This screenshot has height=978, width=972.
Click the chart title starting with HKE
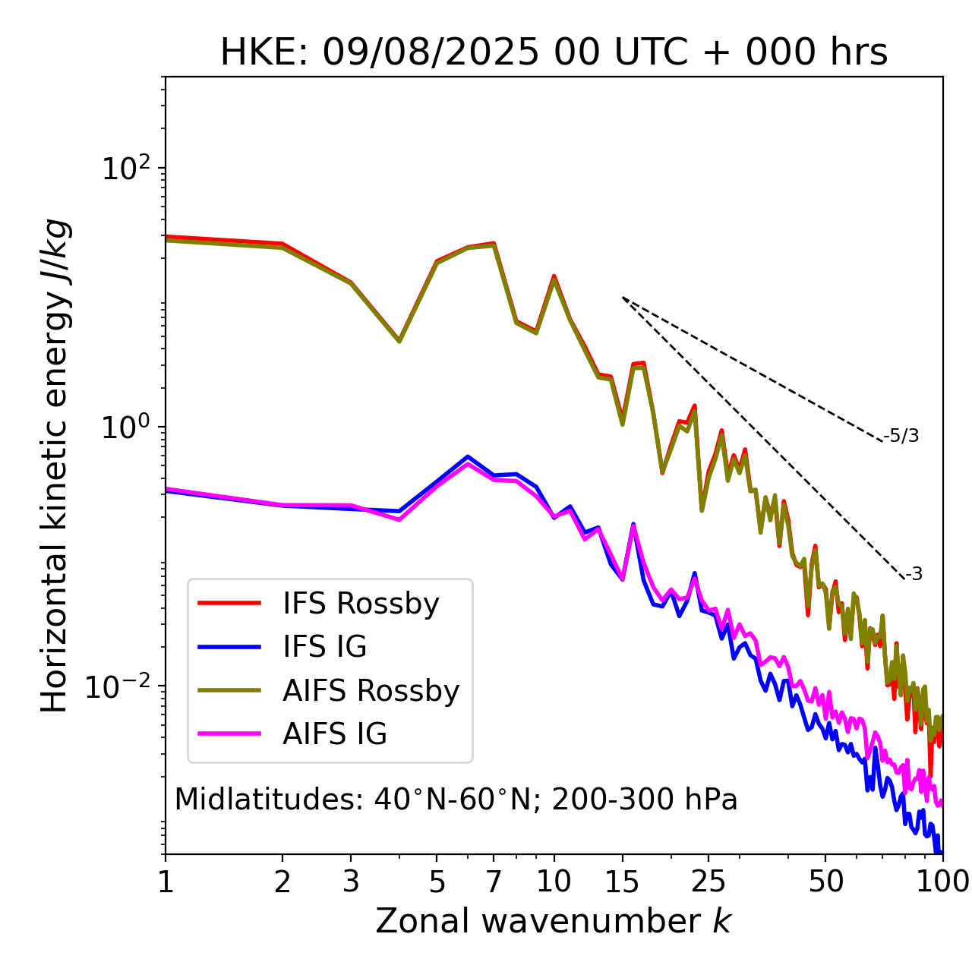554,53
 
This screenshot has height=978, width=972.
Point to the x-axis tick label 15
623,882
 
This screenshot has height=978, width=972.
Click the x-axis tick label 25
708,882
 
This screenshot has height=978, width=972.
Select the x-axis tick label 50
825,882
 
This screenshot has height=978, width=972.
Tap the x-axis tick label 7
494,882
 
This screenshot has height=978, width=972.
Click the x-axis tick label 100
942,882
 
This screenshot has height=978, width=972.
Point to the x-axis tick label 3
351,882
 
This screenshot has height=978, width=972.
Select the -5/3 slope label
901,436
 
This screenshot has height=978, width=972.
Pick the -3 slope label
914,575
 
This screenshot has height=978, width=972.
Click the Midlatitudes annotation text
456,800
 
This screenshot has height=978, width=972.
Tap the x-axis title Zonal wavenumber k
554,921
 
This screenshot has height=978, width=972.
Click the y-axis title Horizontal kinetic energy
55,465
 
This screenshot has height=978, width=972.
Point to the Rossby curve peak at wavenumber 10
554,277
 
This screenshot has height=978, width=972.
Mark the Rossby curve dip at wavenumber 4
399,341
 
